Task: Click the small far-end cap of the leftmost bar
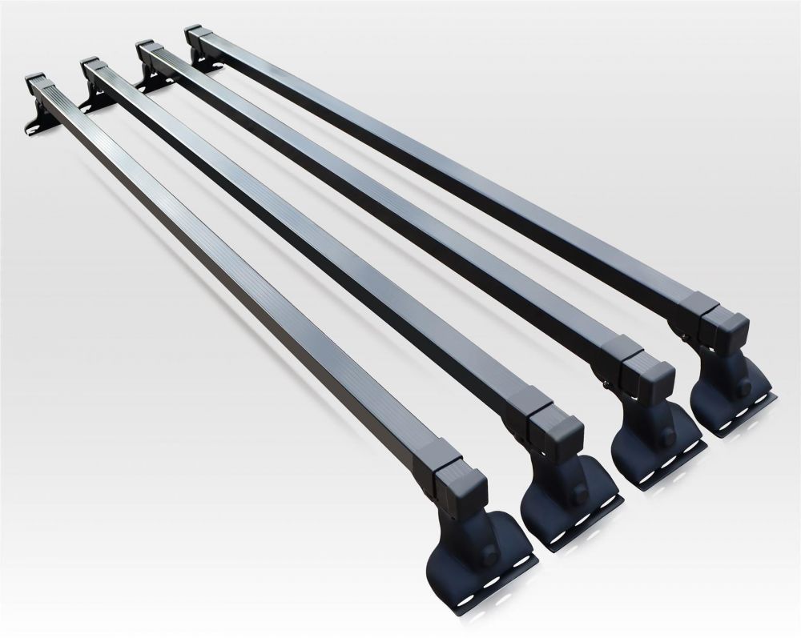(38, 81)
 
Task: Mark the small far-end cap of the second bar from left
(91, 66)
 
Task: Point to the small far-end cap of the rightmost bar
(195, 35)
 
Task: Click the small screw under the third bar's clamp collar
(612, 386)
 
